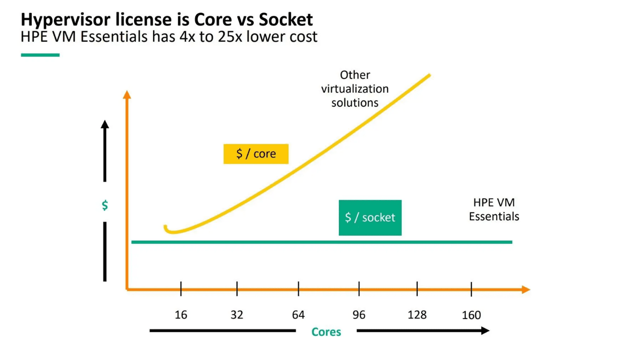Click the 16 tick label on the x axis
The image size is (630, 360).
click(181, 315)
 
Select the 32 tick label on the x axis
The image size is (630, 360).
click(236, 315)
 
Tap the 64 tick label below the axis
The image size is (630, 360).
click(298, 315)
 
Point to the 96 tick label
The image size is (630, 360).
click(359, 315)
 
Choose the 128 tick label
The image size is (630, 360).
click(417, 315)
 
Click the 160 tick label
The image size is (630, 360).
click(471, 315)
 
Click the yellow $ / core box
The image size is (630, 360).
click(256, 154)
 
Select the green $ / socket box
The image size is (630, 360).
click(370, 217)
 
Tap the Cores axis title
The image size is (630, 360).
click(326, 332)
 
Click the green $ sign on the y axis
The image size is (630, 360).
click(105, 206)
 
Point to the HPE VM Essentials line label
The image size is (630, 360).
click(494, 210)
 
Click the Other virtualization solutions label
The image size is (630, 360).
click(355, 89)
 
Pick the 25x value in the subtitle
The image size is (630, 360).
click(229, 37)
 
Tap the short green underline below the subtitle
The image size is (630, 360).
click(40, 55)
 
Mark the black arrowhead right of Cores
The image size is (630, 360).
click(485, 330)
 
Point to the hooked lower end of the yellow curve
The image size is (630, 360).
click(167, 229)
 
